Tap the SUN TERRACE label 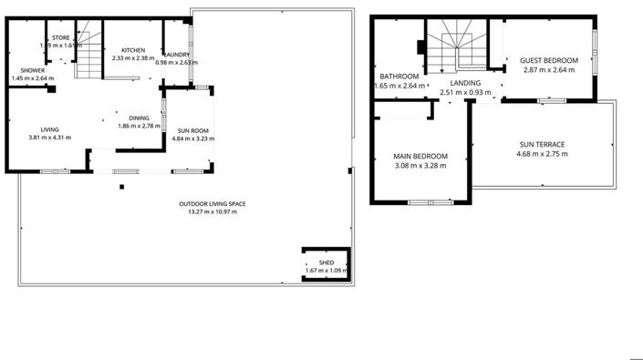(x=542, y=145)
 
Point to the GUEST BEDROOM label (x=549, y=62)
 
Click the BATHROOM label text (x=399, y=77)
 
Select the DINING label (x=139, y=117)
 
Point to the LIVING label (x=49, y=129)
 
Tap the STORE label (x=60, y=37)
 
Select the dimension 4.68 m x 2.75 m (x=542, y=154)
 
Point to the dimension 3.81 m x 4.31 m (x=49, y=138)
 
